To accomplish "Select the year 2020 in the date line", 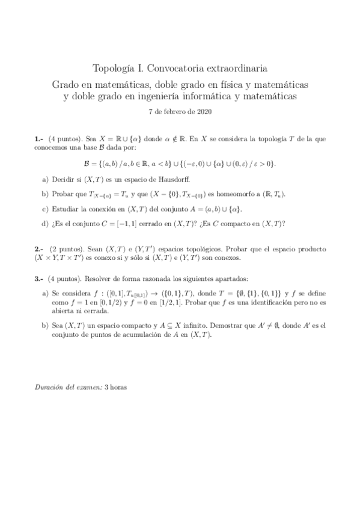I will click(x=203, y=111).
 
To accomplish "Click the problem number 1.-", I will click(x=39, y=138).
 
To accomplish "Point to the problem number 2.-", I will click(x=39, y=248).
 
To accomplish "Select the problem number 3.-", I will click(x=39, y=278).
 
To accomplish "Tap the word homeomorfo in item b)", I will click(x=233, y=194).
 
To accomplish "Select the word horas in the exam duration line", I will click(x=117, y=387).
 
